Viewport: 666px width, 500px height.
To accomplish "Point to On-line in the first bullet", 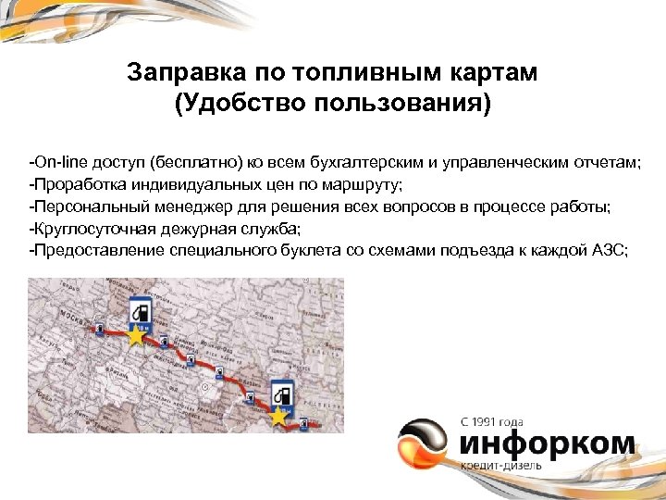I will (x=58, y=163).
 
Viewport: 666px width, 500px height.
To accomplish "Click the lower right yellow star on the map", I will (x=277, y=417).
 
